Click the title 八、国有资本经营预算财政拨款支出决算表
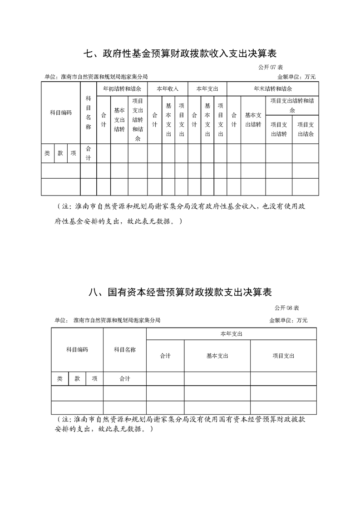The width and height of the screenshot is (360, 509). point(180,292)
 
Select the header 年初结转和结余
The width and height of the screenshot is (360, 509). point(122,88)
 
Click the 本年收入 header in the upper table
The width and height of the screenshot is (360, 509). point(168,88)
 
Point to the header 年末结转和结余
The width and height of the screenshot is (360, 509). point(272,88)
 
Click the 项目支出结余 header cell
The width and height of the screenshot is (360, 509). point(305,129)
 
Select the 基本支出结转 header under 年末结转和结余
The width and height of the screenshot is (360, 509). point(253,120)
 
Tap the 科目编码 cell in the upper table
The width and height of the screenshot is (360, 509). point(61,113)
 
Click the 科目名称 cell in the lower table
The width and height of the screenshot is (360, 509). point(125,349)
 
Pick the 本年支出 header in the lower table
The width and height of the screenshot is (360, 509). point(231,333)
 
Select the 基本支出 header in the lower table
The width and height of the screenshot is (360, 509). point(217,356)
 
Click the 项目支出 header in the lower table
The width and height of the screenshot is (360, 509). point(283,356)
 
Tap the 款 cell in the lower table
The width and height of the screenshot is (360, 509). point(77,378)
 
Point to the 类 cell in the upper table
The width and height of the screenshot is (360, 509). point(47,153)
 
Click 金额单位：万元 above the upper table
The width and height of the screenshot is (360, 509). point(296,77)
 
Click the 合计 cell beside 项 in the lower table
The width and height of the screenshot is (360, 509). point(125,378)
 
